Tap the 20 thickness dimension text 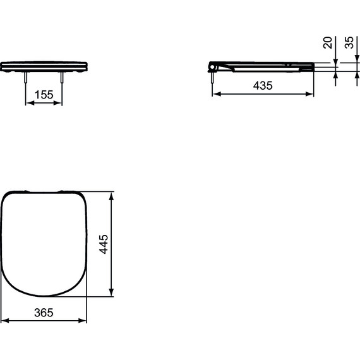coord(327,42)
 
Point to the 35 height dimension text coord(349,42)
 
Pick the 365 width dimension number coord(44,313)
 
